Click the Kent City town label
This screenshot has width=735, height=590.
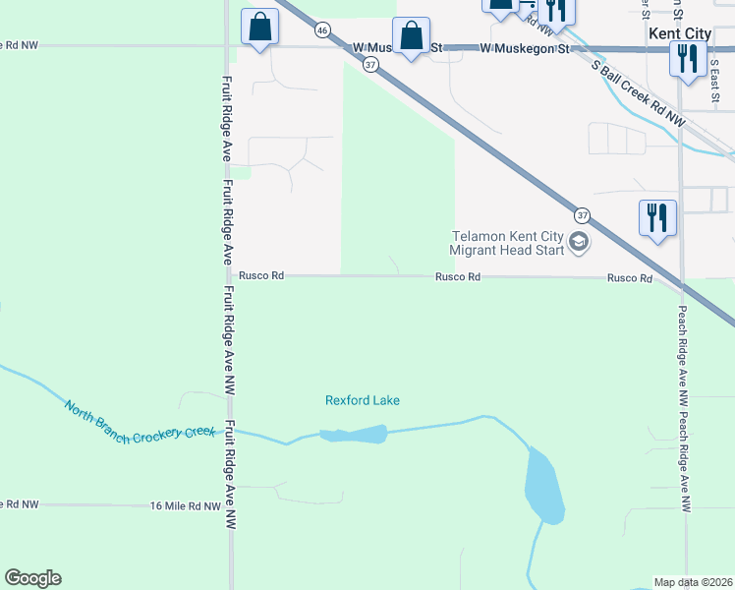(x=680, y=33)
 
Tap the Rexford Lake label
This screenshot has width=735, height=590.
(x=363, y=400)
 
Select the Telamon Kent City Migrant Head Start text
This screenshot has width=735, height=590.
(x=507, y=243)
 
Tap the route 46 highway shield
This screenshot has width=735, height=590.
(x=322, y=30)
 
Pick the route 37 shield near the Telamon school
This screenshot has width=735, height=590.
(x=582, y=214)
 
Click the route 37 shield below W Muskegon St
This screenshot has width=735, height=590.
(x=369, y=65)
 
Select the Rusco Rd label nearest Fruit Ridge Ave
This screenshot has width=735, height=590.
(x=261, y=276)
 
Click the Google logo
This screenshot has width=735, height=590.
(x=32, y=578)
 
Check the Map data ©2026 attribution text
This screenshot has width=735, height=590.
(x=694, y=581)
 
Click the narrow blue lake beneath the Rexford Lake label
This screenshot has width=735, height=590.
(x=354, y=434)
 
